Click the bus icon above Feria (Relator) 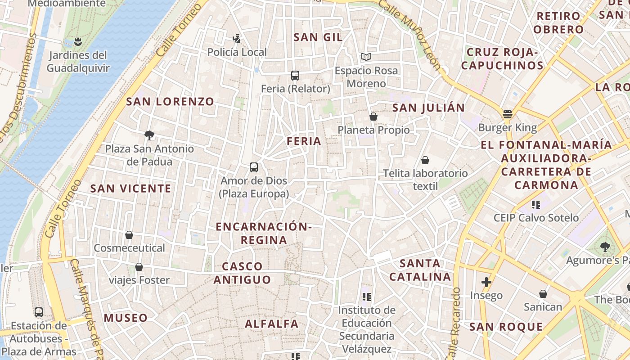pos(295,76)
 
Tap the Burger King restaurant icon pos(508,114)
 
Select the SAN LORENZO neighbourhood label pos(170,102)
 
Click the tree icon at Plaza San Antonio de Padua pos(149,135)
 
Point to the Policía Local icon pos(237,39)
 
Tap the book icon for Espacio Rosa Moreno pos(366,57)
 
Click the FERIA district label pos(304,141)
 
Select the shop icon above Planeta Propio pos(373,117)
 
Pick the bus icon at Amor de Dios pos(254,167)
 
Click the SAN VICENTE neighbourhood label pos(131,189)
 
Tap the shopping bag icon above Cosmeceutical pos(129,235)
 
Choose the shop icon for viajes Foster pos(139,267)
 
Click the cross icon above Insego pos(486,282)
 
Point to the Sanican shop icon pos(543,294)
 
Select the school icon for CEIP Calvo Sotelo pos(535,205)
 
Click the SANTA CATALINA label pos(420,270)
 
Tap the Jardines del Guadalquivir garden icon pos(78,42)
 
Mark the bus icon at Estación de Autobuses pos(39,312)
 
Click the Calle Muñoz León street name pos(409,34)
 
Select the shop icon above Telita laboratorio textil pos(425,160)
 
